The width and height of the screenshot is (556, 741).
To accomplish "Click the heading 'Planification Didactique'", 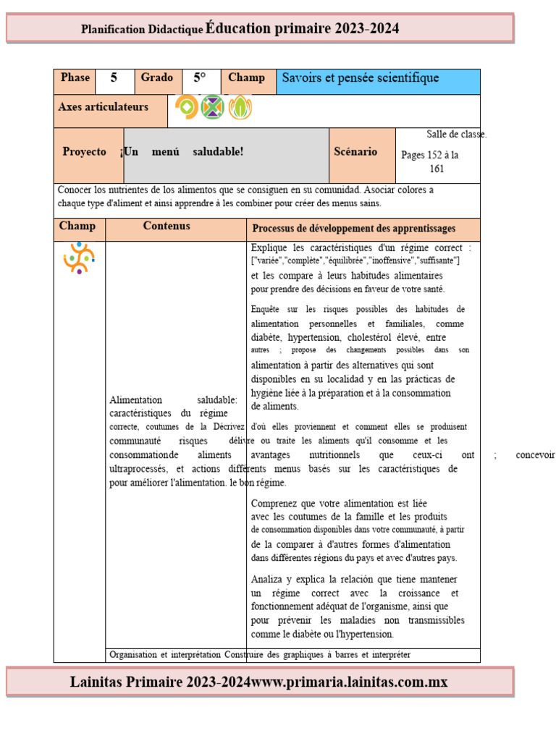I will pyautogui.click(x=142, y=30).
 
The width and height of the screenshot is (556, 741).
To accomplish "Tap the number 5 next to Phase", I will pyautogui.click(x=114, y=78).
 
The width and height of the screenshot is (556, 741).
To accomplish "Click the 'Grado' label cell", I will pyautogui.click(x=156, y=78).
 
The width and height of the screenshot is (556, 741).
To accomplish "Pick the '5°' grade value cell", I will pyautogui.click(x=200, y=78).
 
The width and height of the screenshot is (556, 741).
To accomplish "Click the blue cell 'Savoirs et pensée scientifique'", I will pyautogui.click(x=378, y=79).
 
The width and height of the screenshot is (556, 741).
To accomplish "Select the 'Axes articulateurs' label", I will pyautogui.click(x=103, y=107).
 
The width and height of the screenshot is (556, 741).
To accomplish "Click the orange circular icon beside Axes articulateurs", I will pyautogui.click(x=186, y=108).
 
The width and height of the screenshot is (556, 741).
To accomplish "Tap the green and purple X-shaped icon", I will pyautogui.click(x=212, y=108).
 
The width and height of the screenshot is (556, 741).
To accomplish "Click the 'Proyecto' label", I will pyautogui.click(x=84, y=152).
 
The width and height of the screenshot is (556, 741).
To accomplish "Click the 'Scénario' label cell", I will pyautogui.click(x=355, y=152).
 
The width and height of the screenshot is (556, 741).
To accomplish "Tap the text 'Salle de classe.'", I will pyautogui.click(x=456, y=135).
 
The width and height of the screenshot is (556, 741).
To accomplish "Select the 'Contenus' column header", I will pyautogui.click(x=167, y=226).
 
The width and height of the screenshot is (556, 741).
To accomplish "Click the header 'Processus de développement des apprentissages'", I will pyautogui.click(x=353, y=229).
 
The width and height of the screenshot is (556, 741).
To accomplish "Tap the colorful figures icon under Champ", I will pyautogui.click(x=79, y=258).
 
